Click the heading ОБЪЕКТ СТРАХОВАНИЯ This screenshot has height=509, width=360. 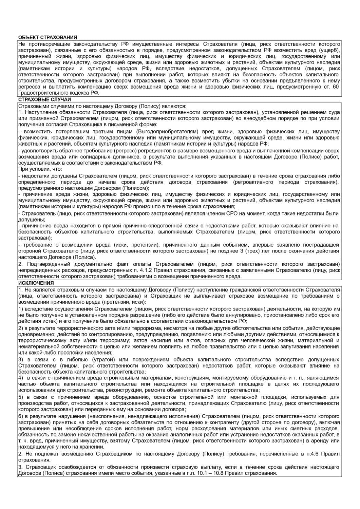[48, 37]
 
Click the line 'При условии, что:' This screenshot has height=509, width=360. [38, 169]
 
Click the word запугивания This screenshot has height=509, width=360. [299, 346]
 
